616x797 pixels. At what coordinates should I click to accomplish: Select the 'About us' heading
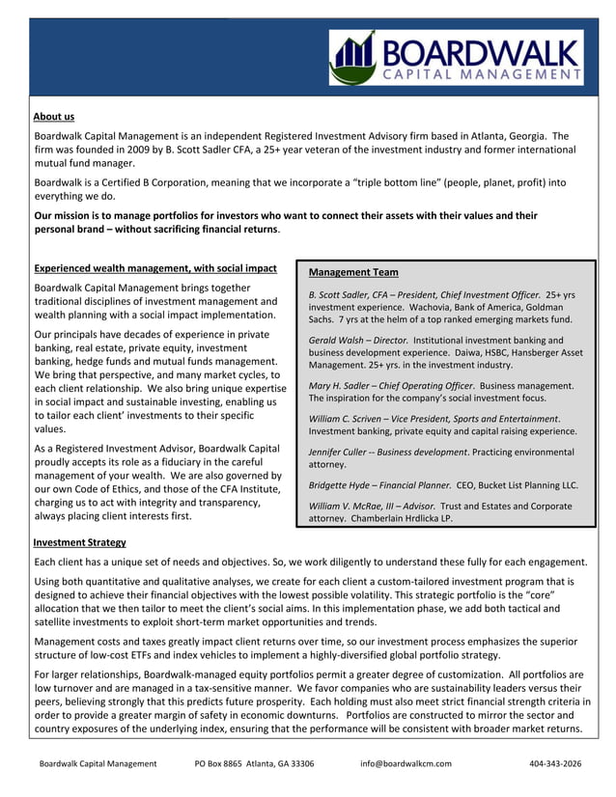(x=53, y=117)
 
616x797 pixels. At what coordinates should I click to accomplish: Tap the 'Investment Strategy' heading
(x=79, y=543)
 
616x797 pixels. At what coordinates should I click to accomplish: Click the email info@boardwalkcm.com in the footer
(x=406, y=763)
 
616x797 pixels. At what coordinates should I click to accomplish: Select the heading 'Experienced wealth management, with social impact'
(x=155, y=268)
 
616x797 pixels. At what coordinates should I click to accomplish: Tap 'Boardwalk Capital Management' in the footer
(x=98, y=763)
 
